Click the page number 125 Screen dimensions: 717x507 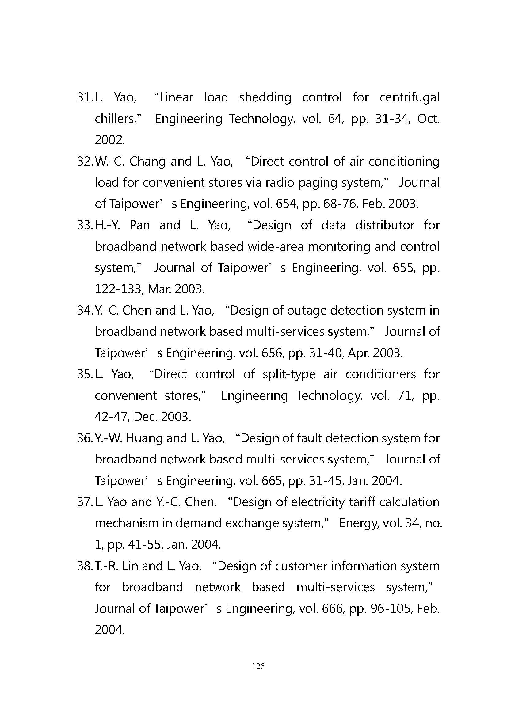click(x=258, y=666)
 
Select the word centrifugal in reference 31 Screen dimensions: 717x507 click(x=409, y=98)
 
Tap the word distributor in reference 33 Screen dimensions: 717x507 click(x=385, y=226)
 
